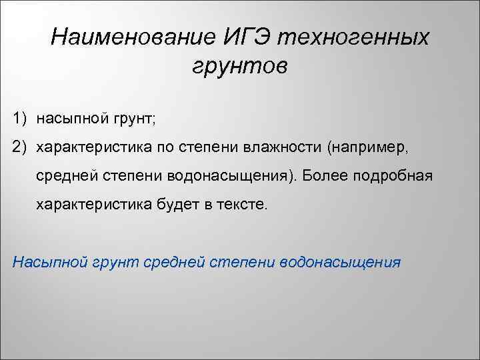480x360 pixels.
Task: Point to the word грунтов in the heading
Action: [x=239, y=65]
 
